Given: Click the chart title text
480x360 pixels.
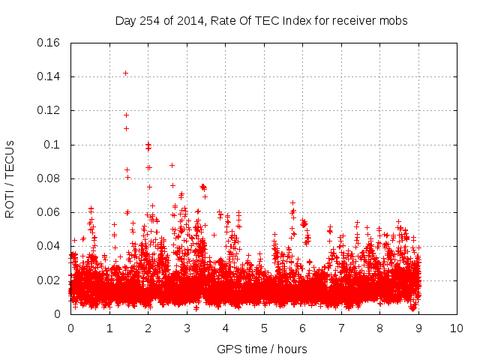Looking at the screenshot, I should coord(261,21).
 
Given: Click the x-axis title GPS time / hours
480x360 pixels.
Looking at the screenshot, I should coord(262,349).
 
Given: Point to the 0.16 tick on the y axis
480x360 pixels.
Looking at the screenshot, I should coord(49,43).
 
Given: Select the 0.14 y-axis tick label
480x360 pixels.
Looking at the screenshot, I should coord(49,76).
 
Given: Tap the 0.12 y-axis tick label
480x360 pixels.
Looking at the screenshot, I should coord(49,110).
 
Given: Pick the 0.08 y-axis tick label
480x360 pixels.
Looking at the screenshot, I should coord(49,178).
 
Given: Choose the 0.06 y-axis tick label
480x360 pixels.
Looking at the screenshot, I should coord(49,212).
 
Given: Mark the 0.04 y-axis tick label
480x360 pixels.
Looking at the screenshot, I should coord(49,246).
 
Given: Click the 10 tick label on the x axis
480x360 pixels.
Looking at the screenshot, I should coord(457,328).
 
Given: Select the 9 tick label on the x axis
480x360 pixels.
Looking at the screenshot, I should coord(418,328).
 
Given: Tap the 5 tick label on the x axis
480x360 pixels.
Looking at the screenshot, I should coord(264,328).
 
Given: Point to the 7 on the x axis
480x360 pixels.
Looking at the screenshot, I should coord(341,328).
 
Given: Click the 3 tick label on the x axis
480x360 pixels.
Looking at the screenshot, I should coord(187,328).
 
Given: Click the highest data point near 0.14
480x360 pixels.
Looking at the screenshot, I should coord(125,73).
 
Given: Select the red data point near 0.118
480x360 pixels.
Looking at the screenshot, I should coord(126,115).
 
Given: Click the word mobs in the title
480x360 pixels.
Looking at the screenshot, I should coord(394,21).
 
